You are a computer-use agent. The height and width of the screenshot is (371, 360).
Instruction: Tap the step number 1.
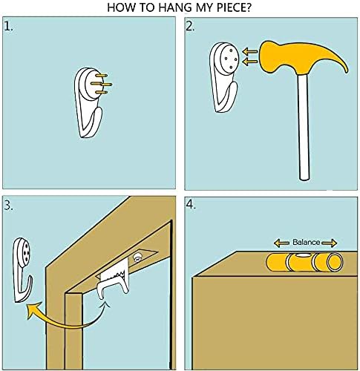(x=9, y=27)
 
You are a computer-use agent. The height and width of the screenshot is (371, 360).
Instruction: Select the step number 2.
(x=190, y=27)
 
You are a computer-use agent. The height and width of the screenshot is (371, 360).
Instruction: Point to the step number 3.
(x=9, y=206)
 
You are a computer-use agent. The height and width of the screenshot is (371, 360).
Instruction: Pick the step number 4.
(x=191, y=206)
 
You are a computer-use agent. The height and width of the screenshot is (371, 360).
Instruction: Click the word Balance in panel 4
(x=307, y=242)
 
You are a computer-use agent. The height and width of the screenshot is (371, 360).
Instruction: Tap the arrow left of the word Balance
(x=281, y=243)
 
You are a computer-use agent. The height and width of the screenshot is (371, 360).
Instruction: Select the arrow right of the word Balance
(x=329, y=243)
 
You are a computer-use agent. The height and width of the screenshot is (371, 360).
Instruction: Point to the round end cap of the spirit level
(x=335, y=263)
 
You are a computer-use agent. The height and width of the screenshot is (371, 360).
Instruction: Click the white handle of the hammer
(x=304, y=127)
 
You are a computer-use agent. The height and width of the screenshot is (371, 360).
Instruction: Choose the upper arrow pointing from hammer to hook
(x=250, y=52)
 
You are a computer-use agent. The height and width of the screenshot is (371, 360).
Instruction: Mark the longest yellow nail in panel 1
(x=102, y=85)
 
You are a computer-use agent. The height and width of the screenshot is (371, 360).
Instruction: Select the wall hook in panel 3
(x=22, y=269)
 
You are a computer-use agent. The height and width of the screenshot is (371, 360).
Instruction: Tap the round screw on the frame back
(x=137, y=258)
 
